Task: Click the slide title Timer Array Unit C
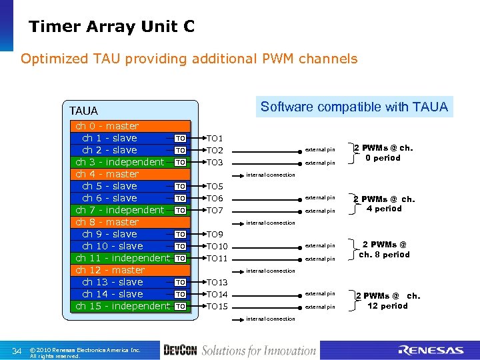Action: coord(111,26)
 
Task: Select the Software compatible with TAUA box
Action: coord(354,107)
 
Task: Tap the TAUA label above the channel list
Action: coord(83,111)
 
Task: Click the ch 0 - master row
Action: coord(107,126)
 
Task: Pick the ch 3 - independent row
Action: coord(120,162)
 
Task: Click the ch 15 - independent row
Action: coord(123,306)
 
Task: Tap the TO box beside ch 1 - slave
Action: coord(179,138)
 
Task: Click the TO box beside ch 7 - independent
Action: coord(179,210)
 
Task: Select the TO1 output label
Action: coord(215,139)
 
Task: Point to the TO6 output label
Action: coord(215,199)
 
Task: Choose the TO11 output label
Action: coord(217,259)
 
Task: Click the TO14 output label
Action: coord(217,295)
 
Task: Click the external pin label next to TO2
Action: coord(320,149)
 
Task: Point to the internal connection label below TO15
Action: coord(271,319)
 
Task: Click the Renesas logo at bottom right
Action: coord(431,350)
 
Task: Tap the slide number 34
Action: coord(17,351)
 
